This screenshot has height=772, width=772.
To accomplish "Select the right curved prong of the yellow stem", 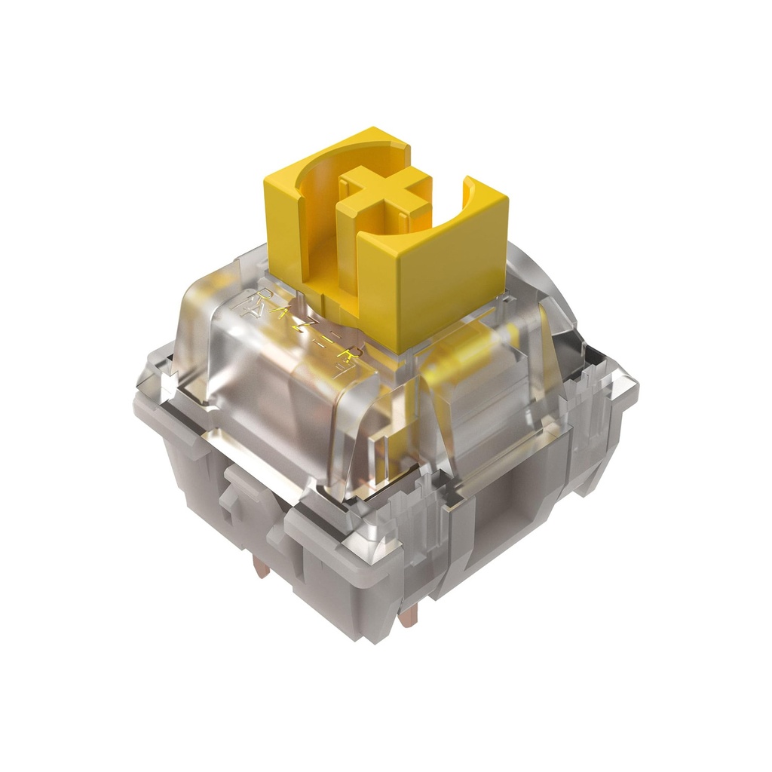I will [482, 204].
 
